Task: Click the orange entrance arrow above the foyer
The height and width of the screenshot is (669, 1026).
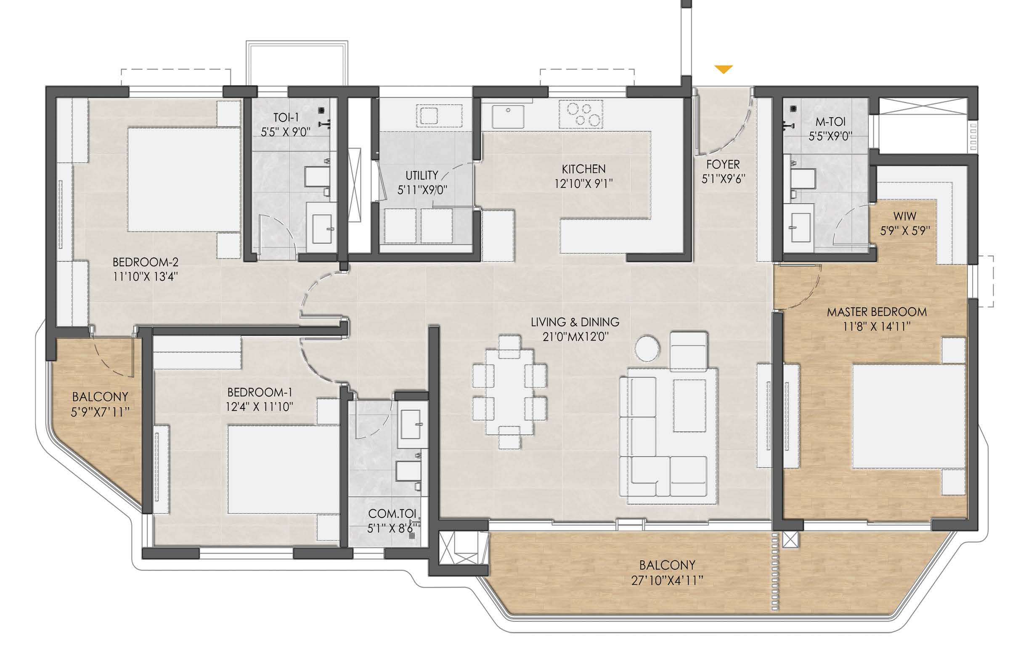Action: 724,69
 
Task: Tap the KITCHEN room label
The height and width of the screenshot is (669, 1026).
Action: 583,169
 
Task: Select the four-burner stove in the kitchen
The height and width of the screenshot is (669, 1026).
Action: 581,114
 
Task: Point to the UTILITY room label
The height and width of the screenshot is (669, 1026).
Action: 422,175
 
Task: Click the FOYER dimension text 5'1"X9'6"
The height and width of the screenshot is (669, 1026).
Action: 724,179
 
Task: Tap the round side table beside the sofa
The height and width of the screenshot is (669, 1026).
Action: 647,348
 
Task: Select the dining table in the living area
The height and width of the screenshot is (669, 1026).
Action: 509,392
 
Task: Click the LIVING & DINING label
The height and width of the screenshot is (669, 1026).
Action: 575,322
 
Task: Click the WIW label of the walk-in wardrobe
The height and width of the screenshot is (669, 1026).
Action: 905,216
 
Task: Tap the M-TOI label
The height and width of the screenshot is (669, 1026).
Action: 830,122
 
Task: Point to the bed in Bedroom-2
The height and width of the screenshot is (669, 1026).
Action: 184,179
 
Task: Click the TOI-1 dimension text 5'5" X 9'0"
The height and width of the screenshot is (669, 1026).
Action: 285,132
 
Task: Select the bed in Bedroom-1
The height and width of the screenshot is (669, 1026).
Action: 284,470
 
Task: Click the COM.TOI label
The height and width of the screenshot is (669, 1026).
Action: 392,514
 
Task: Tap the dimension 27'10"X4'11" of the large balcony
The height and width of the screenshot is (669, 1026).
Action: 667,581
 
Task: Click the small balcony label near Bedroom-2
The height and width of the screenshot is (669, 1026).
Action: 100,397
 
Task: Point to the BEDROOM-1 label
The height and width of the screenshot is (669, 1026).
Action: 260,392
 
